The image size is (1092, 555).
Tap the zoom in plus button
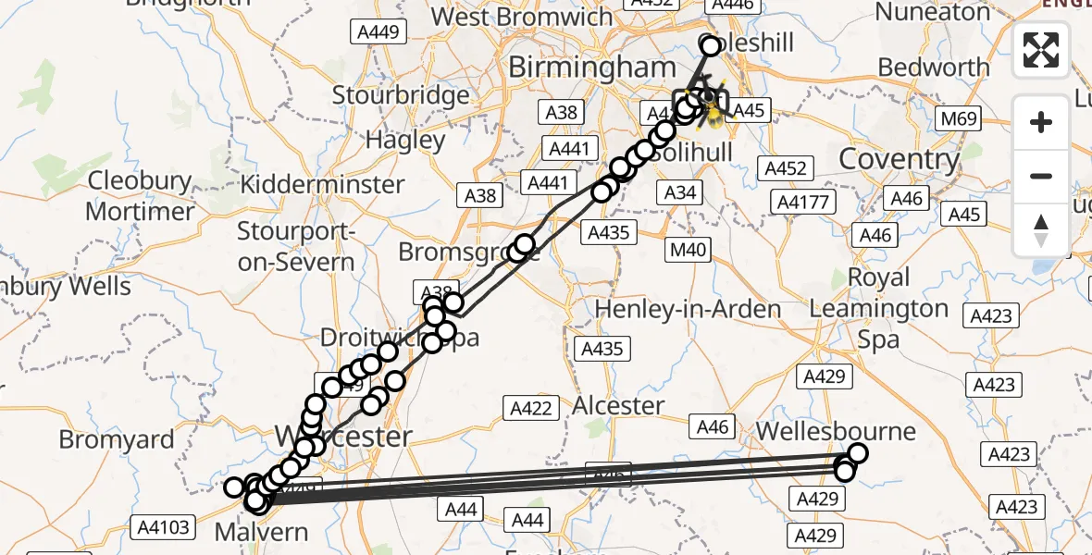(1041, 122)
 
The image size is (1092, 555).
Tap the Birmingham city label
(592, 67)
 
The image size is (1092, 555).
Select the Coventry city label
(899, 159)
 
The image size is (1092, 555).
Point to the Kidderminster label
(322, 184)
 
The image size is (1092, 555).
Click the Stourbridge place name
(401, 95)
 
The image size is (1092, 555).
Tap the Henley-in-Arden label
(689, 308)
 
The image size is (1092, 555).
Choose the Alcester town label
(618, 405)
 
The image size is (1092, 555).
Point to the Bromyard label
(117, 438)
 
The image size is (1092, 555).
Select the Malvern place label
(261, 532)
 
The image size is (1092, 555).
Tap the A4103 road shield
(165, 528)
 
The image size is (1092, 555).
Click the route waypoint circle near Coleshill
(711, 45)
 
